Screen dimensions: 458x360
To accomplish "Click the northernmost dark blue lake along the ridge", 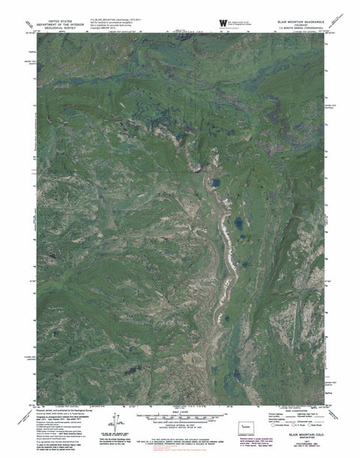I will click(214, 182).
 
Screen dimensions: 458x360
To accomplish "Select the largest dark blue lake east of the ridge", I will click(237, 223).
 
